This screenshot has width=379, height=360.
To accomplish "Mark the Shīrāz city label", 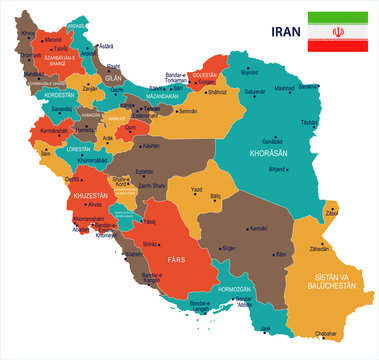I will pos(152,242).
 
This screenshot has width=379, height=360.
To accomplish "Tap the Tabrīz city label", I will pos(35,48).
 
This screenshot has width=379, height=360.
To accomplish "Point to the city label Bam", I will pos(281,255).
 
